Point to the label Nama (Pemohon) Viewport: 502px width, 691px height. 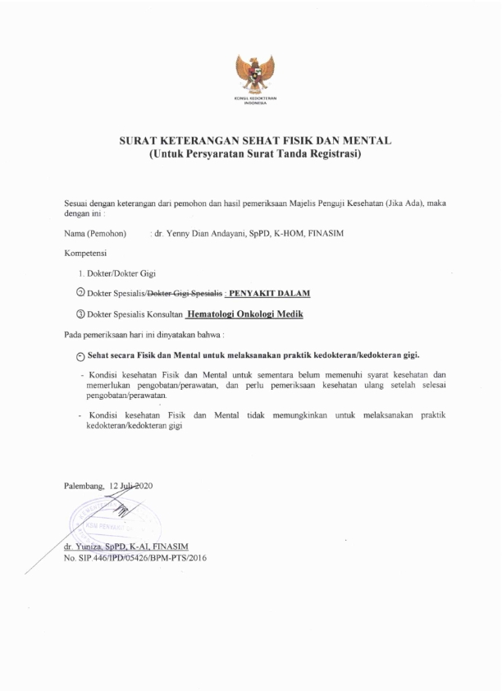(95, 234)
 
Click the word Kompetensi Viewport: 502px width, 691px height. (84, 254)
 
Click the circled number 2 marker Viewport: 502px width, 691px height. (80, 293)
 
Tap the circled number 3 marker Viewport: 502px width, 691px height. (80, 313)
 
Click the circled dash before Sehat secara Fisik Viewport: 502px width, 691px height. (80, 355)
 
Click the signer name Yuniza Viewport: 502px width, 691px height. (89, 546)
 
